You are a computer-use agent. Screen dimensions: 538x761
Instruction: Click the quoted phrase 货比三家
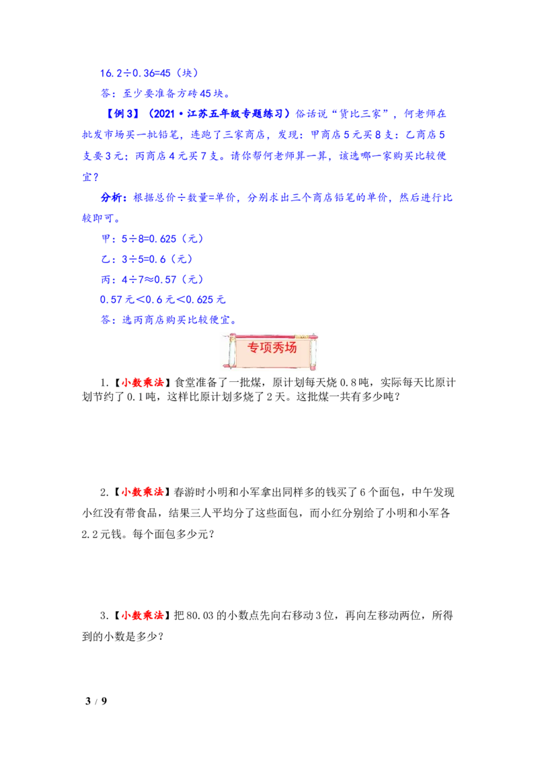pyautogui.click(x=360, y=114)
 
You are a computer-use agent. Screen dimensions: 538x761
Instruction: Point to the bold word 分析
pyautogui.click(x=111, y=198)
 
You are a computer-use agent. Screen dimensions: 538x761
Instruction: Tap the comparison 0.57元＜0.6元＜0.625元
pyautogui.click(x=163, y=300)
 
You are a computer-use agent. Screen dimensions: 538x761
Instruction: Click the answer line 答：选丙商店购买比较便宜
pyautogui.click(x=169, y=320)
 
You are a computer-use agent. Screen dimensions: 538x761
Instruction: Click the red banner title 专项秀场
pyautogui.click(x=272, y=348)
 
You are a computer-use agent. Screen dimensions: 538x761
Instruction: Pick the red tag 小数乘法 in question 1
pyautogui.click(x=143, y=383)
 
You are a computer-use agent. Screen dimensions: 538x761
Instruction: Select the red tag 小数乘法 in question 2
pyautogui.click(x=143, y=492)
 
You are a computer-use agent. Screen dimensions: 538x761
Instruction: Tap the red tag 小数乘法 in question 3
pyautogui.click(x=143, y=615)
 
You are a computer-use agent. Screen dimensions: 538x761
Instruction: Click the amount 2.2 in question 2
pyautogui.click(x=90, y=534)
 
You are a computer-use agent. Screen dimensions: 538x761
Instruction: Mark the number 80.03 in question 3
pyautogui.click(x=200, y=616)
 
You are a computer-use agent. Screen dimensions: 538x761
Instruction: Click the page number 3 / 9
pyautogui.click(x=96, y=700)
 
